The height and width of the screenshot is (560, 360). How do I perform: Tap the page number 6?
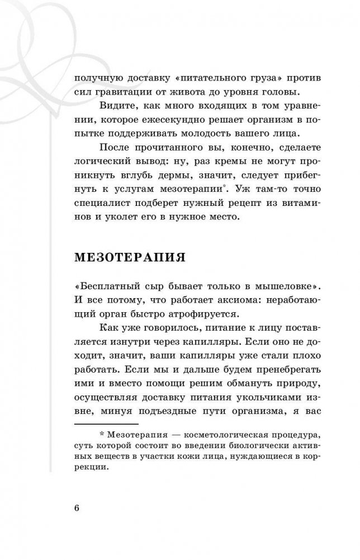(x=76, y=508)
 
